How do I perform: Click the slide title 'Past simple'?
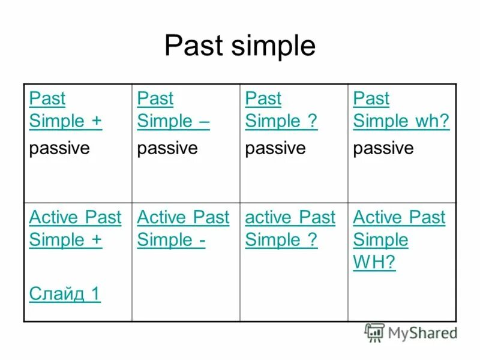click(239, 46)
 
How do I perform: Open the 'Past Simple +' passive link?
click(65, 110)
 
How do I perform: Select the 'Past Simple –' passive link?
click(173, 110)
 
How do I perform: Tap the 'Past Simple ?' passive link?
click(281, 110)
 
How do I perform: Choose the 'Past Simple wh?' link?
click(401, 110)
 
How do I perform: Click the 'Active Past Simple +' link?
click(74, 229)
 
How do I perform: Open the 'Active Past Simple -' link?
click(182, 229)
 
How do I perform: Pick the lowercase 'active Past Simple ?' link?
click(290, 229)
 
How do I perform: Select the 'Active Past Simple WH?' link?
click(398, 240)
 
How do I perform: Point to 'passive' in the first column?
click(59, 148)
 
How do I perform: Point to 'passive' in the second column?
click(167, 148)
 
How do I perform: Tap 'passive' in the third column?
click(275, 148)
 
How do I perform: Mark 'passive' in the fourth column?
click(383, 148)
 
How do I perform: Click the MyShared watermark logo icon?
click(374, 332)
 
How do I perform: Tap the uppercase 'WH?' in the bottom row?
click(374, 263)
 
